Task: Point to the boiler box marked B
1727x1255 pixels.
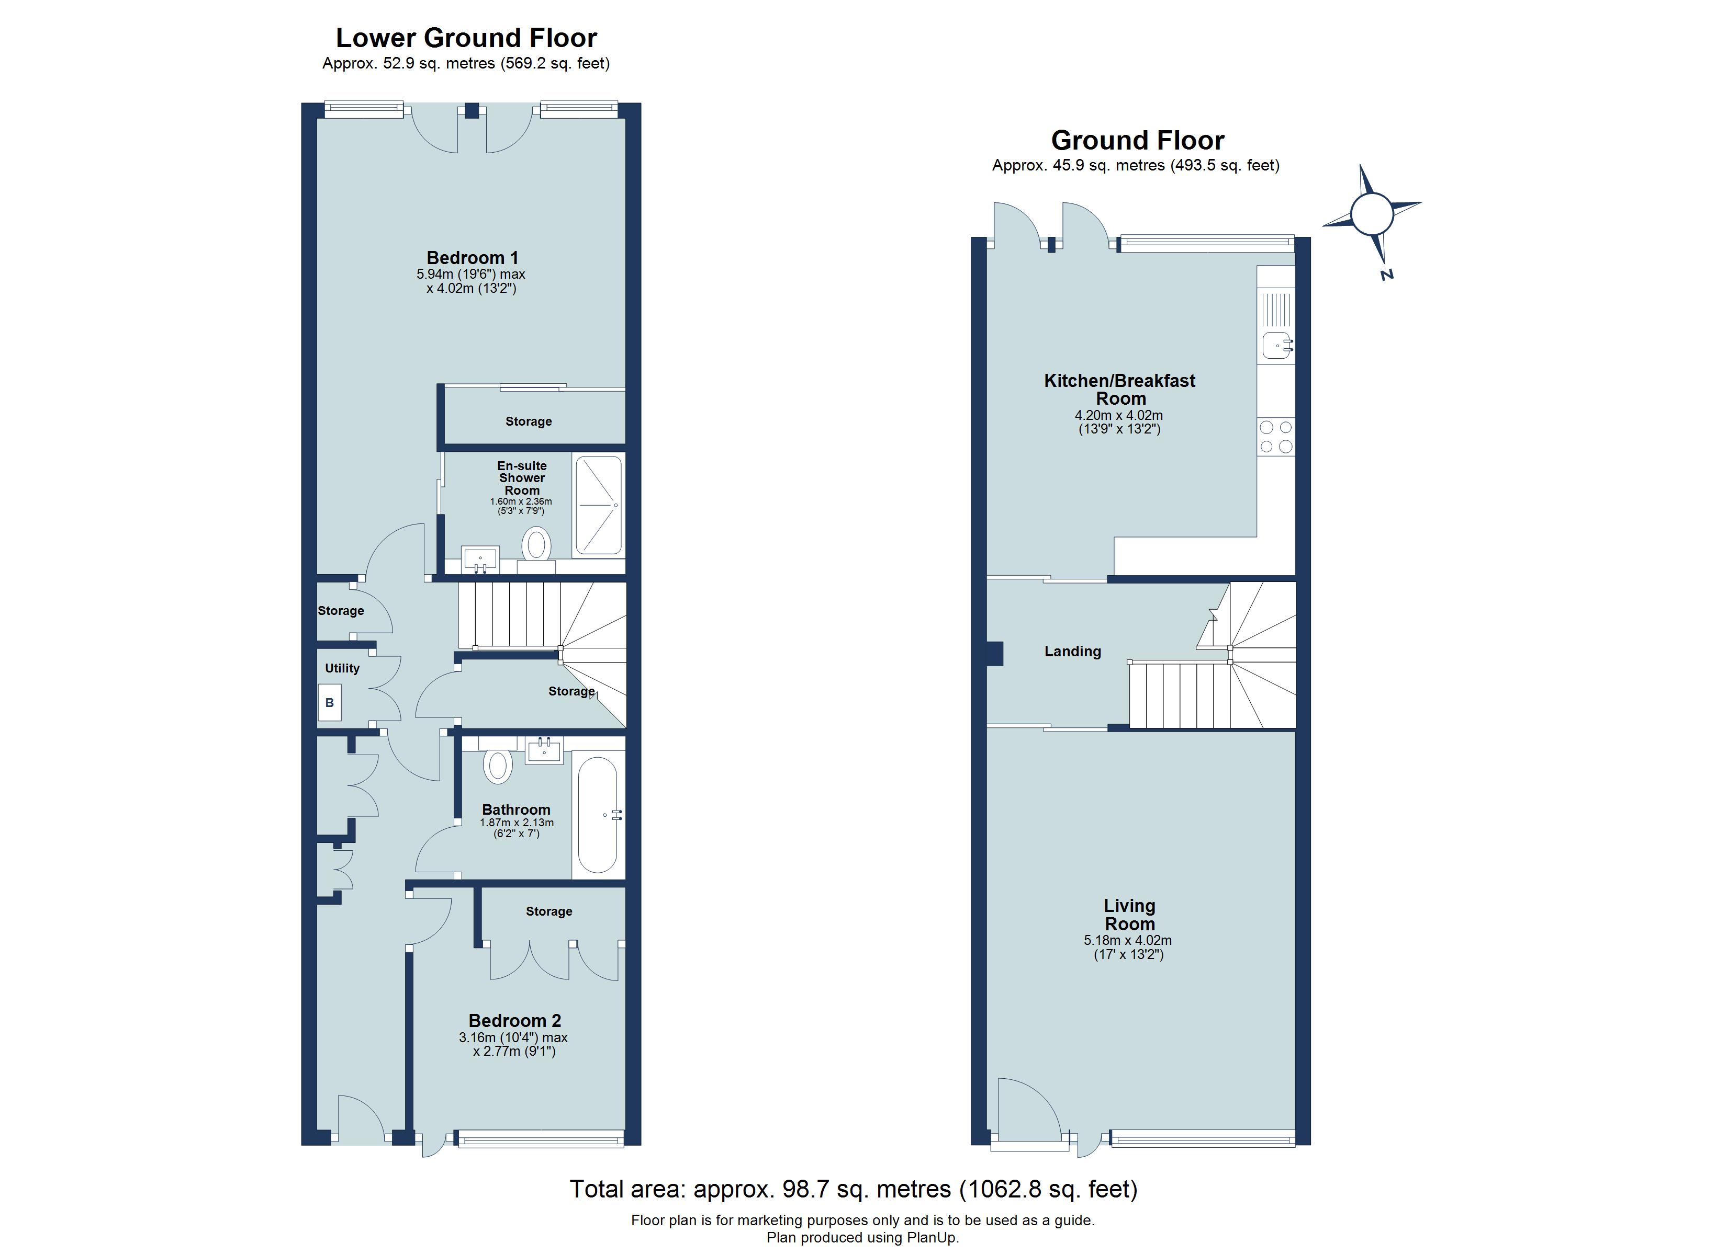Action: tap(330, 702)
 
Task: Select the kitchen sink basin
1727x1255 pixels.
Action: tap(1277, 346)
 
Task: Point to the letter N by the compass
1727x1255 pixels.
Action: tap(1387, 275)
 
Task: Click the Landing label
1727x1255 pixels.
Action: tap(1072, 652)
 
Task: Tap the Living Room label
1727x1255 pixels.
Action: tap(1129, 915)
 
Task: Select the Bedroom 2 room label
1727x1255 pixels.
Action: tap(515, 1021)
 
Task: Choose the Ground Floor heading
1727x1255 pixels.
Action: tap(1138, 140)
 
